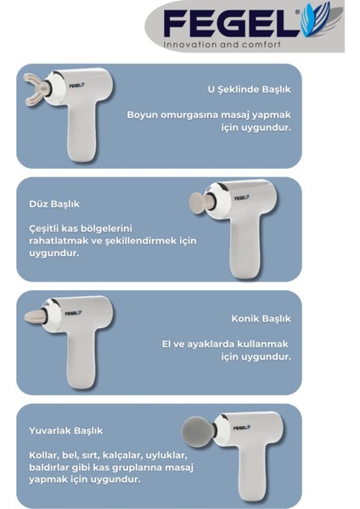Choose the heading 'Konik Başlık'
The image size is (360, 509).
coord(261,319)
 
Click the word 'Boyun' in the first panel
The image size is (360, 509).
coord(142,115)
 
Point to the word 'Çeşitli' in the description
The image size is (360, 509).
coord(47,227)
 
